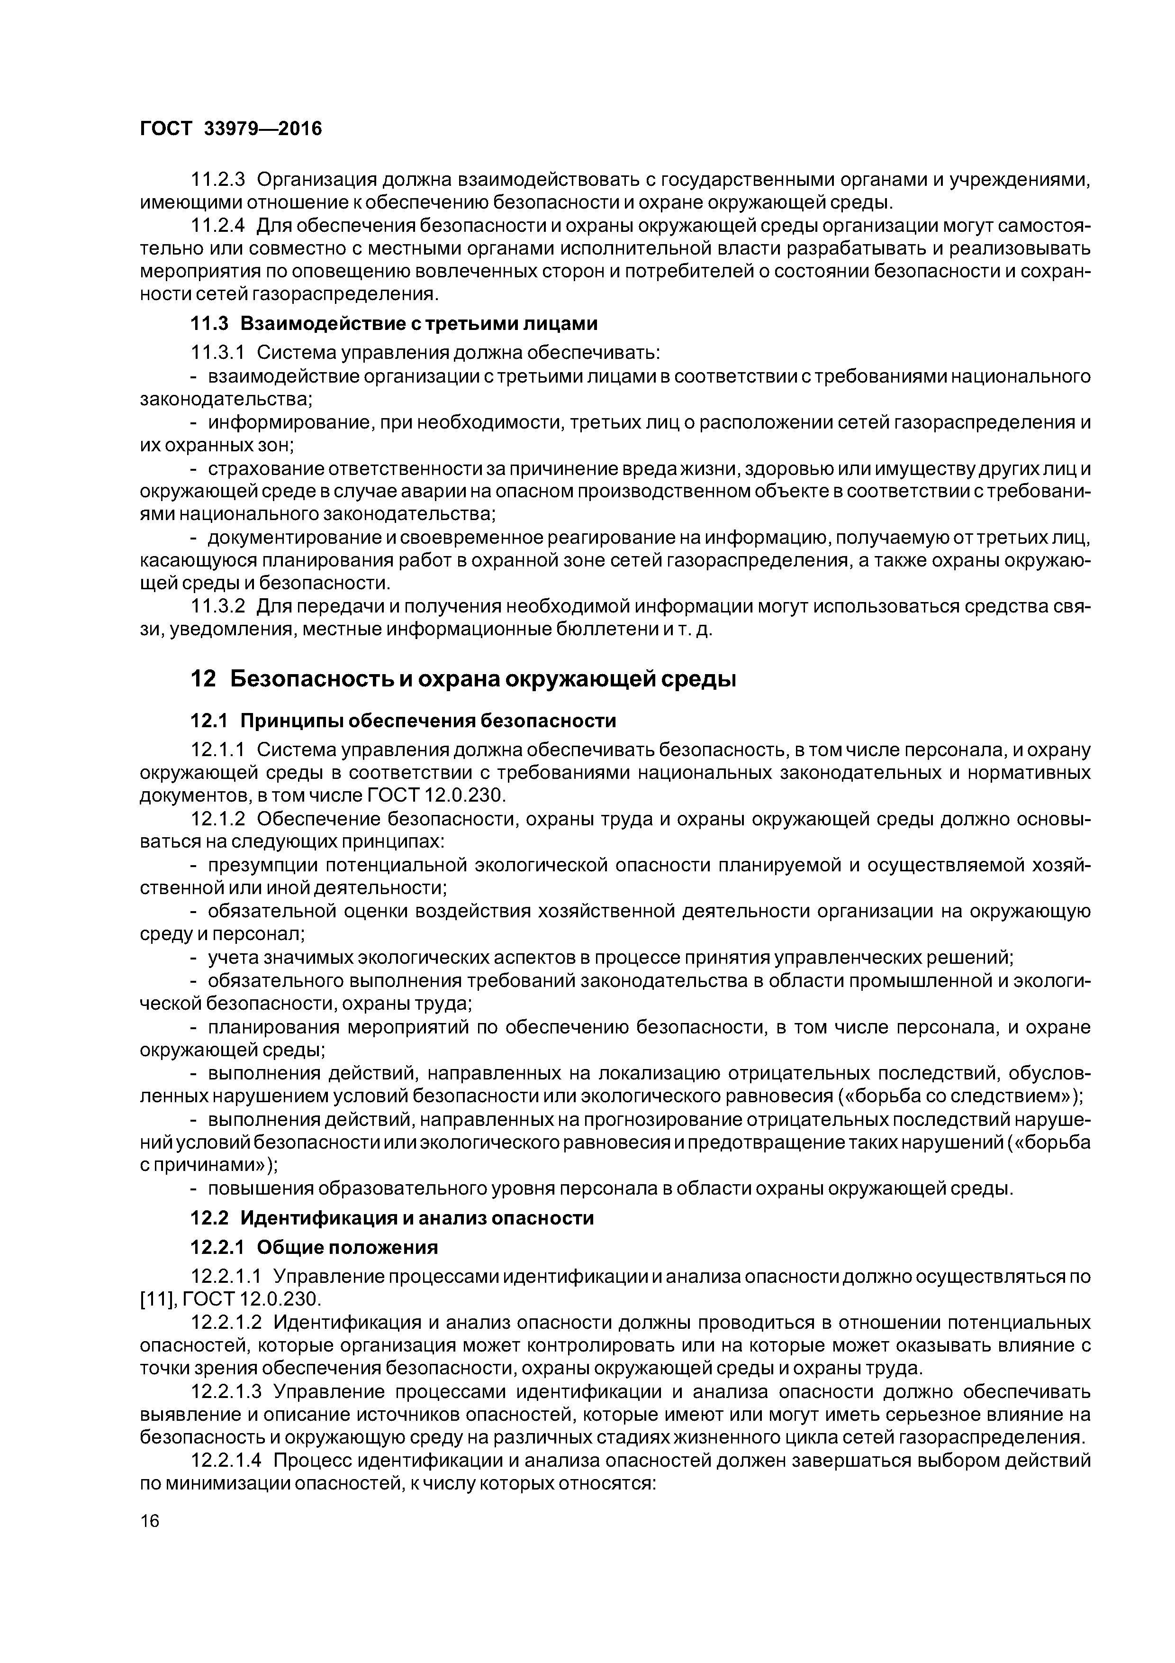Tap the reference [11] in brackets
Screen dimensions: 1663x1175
click(x=154, y=1298)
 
